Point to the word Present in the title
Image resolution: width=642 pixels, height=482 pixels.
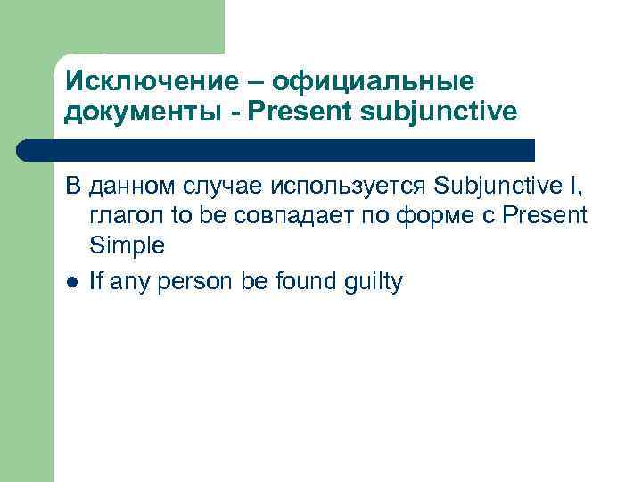[x=292, y=112]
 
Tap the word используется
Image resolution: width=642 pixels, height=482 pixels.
[x=341, y=187]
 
